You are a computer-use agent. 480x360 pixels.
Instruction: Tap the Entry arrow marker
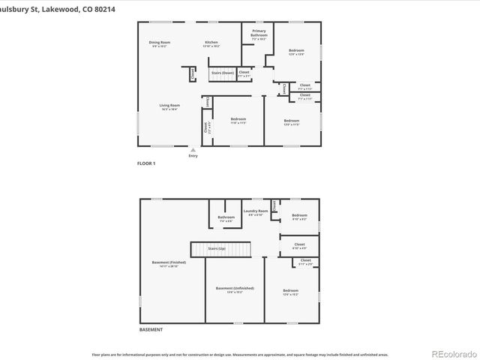pos(193,149)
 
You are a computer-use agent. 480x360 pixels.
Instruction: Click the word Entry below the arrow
pos(193,155)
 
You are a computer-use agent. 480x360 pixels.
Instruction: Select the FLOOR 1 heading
pos(145,163)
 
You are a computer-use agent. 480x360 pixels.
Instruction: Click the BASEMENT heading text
pos(151,329)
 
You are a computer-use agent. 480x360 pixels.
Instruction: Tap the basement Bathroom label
pos(226,220)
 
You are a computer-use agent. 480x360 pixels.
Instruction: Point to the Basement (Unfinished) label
pos(235,289)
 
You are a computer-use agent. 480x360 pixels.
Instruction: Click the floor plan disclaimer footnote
pos(240,354)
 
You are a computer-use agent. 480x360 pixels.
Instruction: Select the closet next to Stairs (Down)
pos(244,74)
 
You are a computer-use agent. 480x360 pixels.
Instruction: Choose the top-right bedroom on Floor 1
pos(296,52)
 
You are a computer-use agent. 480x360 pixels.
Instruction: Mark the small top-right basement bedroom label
pos(298,217)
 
